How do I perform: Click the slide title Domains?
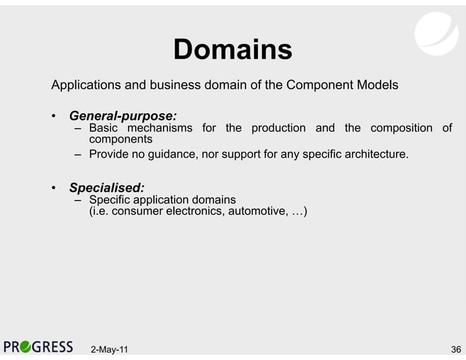[x=232, y=50]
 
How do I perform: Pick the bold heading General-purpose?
[x=122, y=116]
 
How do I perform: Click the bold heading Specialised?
[x=107, y=188]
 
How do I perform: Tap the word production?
[x=278, y=129]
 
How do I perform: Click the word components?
[x=120, y=139]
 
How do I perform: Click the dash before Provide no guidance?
[x=77, y=155]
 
